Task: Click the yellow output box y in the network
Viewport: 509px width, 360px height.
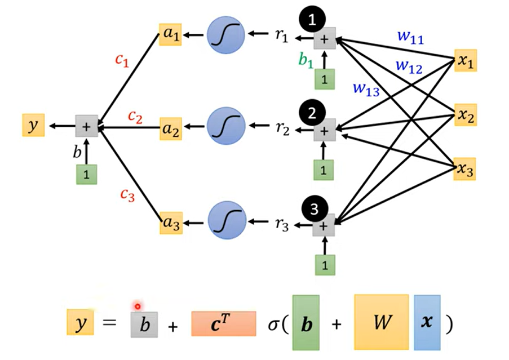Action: coord(33,125)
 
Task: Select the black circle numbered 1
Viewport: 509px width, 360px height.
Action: coord(312,19)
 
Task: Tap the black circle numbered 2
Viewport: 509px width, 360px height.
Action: coord(312,113)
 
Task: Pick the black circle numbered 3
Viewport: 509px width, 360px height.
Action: coord(314,208)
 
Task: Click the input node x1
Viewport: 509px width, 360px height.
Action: coord(466,61)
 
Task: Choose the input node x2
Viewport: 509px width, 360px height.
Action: coord(466,115)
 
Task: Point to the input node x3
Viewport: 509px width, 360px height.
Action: coord(464,169)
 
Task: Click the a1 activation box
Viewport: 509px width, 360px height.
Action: coord(170,34)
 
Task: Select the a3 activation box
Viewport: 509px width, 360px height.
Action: coord(171,223)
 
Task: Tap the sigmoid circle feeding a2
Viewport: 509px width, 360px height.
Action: coord(226,126)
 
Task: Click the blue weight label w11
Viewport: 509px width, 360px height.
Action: coord(410,37)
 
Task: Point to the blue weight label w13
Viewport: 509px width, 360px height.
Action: coord(366,88)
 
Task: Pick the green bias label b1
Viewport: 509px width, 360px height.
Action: coord(306,60)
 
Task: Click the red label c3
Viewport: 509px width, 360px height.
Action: coord(127,195)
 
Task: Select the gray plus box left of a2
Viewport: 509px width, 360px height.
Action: coord(87,126)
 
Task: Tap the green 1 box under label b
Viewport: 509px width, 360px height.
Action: coord(86,175)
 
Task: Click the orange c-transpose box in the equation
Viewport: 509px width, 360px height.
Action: coord(224,324)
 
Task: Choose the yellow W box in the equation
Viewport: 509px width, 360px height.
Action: coord(382,322)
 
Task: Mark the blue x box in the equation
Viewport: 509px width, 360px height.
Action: coord(427,322)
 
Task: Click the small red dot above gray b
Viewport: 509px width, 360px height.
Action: coord(138,306)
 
